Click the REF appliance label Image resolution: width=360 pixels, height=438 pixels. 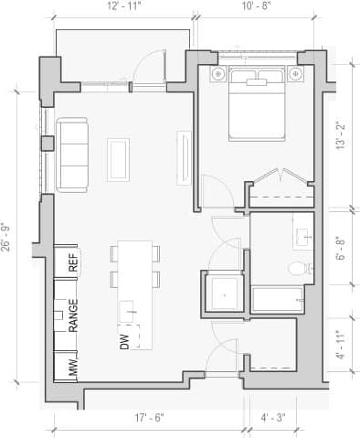pos(73,262)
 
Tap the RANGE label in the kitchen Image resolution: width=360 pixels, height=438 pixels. pos(73,315)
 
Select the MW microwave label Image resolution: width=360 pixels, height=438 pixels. pos(73,369)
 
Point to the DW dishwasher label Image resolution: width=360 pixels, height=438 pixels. pos(122,341)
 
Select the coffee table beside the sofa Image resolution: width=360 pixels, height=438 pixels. pos(119,157)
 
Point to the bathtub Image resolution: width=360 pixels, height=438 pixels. pos(276,299)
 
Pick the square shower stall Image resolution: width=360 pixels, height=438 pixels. pos(223,293)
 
